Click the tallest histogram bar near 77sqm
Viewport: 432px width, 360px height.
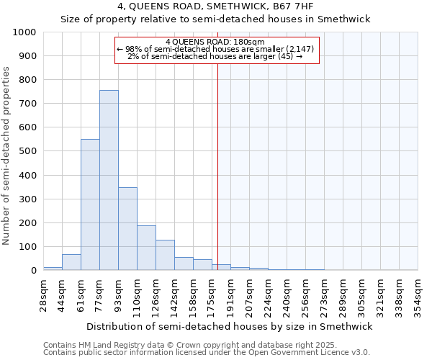[109, 180]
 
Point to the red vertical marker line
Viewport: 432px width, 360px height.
[217, 166]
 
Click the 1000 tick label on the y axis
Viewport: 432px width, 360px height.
[24, 32]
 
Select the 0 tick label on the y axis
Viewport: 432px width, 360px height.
[33, 271]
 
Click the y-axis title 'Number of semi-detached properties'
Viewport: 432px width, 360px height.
[6, 156]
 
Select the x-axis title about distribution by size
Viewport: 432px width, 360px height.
[229, 326]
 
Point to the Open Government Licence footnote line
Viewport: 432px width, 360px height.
[206, 352]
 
